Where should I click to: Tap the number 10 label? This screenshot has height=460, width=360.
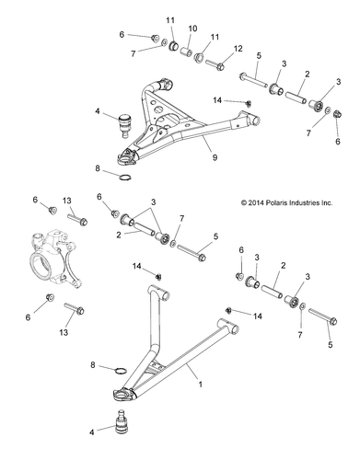(x=193, y=29)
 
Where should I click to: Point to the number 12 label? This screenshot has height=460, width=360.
(x=238, y=49)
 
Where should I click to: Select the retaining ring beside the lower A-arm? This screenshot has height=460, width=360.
(x=121, y=370)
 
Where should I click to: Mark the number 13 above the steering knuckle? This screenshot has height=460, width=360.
(x=66, y=201)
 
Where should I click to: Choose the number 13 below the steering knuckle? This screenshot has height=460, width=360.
(x=66, y=331)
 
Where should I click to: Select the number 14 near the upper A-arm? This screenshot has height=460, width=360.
(x=217, y=99)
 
